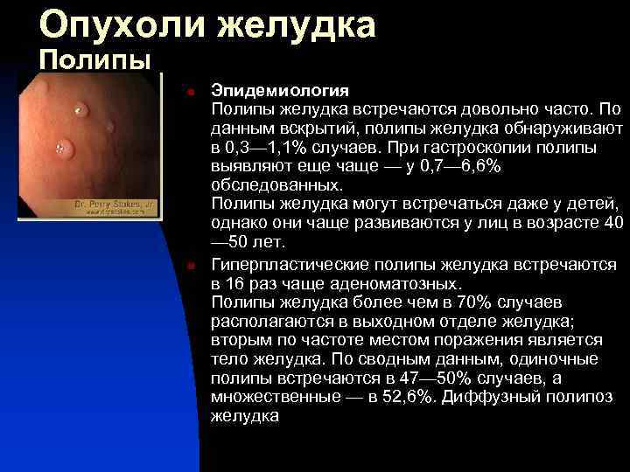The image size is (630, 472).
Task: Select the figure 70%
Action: tap(474, 302)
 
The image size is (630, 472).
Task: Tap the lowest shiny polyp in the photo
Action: tap(62, 147)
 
